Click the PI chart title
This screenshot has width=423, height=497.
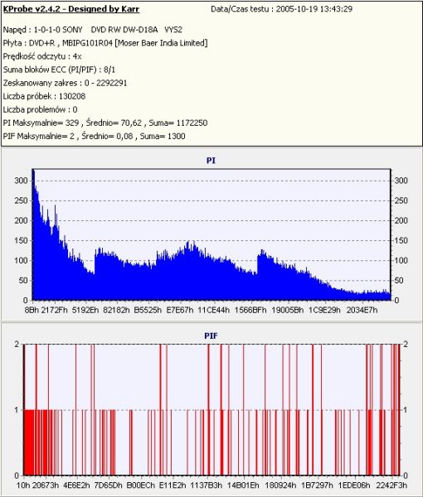211,161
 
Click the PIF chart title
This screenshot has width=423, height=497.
211,335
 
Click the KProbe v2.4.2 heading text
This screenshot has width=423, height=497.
71,9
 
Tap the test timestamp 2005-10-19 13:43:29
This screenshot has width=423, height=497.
314,9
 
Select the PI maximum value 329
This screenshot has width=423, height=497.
71,123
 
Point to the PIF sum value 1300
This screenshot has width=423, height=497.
176,137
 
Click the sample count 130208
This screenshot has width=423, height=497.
72,96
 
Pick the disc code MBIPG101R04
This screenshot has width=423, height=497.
87,43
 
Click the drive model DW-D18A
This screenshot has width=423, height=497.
140,30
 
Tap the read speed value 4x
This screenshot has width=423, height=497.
77,56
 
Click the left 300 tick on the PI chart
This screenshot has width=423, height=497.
21,181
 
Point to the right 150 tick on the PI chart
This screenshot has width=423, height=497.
401,240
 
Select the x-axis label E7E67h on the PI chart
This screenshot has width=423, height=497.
180,310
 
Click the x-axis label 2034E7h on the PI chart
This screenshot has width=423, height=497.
362,310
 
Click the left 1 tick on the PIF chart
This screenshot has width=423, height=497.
17,410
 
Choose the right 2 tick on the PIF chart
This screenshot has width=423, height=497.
406,344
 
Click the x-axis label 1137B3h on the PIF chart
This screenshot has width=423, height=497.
207,485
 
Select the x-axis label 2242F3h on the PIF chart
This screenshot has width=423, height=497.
391,485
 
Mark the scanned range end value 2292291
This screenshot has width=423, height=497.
112,83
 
